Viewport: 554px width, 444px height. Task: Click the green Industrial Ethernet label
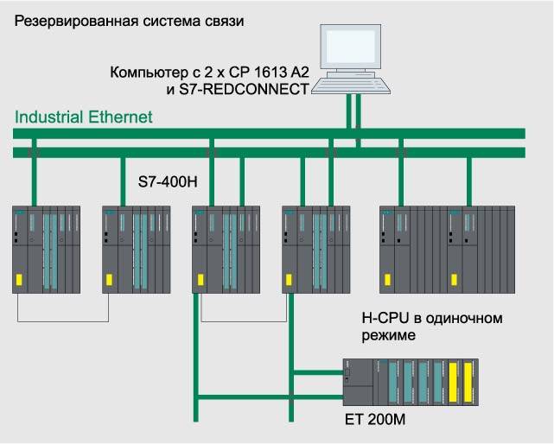click(x=84, y=117)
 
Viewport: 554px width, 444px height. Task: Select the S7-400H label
click(x=169, y=183)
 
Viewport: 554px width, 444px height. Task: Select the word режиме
click(x=388, y=334)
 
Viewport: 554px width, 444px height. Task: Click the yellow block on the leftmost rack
click(x=20, y=280)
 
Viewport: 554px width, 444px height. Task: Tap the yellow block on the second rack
click(x=109, y=280)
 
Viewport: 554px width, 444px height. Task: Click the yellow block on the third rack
click(x=200, y=280)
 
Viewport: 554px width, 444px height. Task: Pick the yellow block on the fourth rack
click(x=289, y=280)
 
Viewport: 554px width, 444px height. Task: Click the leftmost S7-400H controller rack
click(x=46, y=248)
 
